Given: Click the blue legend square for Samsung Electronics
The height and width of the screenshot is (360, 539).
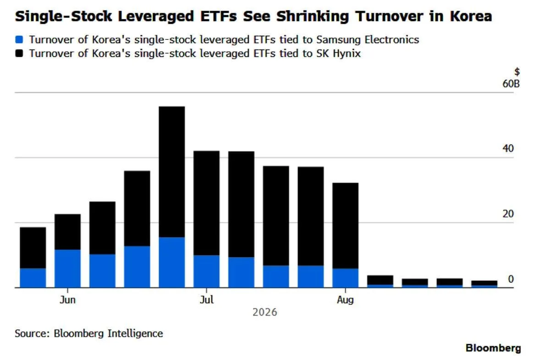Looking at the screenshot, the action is coord(19,39).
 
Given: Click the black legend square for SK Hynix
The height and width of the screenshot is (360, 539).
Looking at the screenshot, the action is coord(19,53).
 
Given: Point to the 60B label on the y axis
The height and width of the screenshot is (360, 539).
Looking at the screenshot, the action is coord(511,83).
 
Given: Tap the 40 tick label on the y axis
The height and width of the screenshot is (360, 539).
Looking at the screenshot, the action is coord(508,149).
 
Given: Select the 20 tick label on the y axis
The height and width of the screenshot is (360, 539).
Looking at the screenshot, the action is coord(508,214).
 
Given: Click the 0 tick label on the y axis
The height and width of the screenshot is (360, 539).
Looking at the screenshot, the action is coord(511,279).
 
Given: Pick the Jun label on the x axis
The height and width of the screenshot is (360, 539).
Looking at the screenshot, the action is coord(67,299).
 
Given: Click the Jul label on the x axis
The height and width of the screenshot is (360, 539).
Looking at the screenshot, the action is coord(207,299).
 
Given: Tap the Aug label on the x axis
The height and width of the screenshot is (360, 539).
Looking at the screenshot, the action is coord(346,300).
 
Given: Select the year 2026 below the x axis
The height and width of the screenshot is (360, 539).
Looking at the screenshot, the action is coord(265,312).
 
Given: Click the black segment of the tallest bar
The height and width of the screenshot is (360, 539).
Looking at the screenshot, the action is coord(172,172).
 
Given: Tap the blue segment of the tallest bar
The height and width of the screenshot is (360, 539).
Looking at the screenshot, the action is coord(172,262).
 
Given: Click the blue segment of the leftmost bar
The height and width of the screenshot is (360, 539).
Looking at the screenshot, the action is coord(33,278).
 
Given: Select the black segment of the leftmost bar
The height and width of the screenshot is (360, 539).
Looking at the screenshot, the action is coord(33,248).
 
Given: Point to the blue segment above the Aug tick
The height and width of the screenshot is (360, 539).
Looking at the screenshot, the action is coord(346,278).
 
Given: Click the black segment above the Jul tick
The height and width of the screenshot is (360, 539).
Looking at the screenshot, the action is coord(207,203).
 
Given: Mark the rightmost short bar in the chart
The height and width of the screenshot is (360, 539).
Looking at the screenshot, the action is coord(484,284).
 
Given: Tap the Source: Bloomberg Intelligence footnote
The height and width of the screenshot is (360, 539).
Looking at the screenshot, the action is coord(89,333).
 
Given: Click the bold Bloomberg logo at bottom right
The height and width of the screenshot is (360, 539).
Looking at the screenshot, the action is coord(493,348).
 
